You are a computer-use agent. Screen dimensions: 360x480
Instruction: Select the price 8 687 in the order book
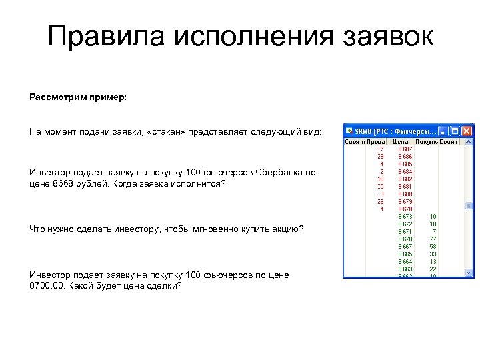(x=405, y=149)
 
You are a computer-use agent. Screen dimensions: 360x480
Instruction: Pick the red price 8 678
(x=405, y=209)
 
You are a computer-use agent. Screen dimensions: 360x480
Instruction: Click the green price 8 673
(x=405, y=217)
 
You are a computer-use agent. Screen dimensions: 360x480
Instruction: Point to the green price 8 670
(x=405, y=239)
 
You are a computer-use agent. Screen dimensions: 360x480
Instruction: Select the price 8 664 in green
(x=405, y=261)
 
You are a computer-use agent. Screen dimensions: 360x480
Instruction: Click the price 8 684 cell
(x=405, y=171)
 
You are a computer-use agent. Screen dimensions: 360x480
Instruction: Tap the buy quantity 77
(x=433, y=239)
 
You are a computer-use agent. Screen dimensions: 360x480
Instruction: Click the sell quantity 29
(x=380, y=157)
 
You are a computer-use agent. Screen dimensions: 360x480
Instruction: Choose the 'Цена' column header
(x=401, y=141)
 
